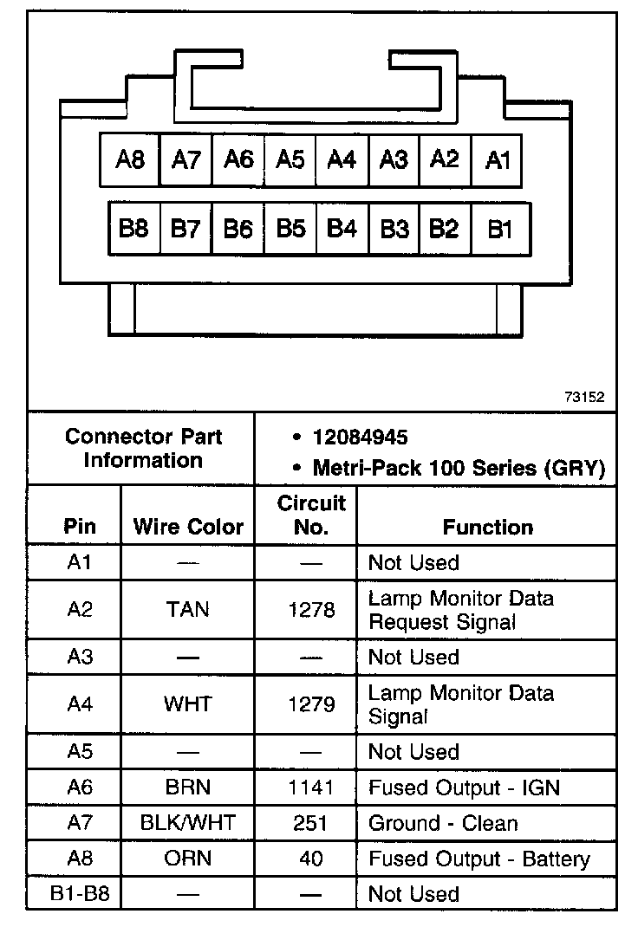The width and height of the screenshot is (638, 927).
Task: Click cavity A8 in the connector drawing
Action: (130, 159)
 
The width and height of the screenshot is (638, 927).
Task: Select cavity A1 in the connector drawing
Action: (498, 159)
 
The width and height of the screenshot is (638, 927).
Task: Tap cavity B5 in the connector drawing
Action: (290, 229)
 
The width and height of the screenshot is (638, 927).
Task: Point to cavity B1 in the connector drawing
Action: (500, 229)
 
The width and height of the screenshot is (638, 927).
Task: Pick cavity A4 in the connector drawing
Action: (342, 159)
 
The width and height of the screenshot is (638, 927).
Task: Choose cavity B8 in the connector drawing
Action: (134, 229)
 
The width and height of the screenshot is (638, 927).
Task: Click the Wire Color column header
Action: (188, 527)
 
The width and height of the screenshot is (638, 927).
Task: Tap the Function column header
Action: (488, 527)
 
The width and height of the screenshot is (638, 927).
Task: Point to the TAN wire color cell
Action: (188, 610)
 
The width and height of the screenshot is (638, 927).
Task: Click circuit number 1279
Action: (310, 704)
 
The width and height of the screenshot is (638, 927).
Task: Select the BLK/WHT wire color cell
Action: (188, 823)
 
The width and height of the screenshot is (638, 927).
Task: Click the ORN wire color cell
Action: (188, 859)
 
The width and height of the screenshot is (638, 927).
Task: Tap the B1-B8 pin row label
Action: (79, 893)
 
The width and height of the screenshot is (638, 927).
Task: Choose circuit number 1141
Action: (310, 788)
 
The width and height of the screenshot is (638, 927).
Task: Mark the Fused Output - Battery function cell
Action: (479, 859)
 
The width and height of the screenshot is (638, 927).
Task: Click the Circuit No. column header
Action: (310, 515)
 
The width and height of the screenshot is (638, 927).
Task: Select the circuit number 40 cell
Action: (310, 859)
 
